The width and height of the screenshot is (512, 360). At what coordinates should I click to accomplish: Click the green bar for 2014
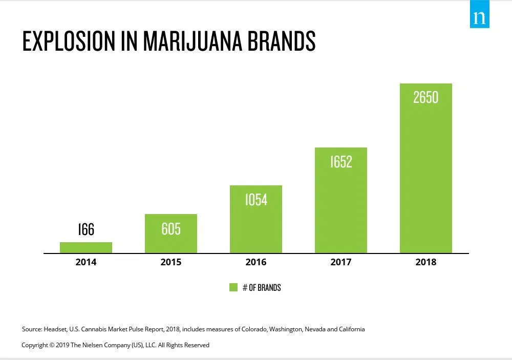86,248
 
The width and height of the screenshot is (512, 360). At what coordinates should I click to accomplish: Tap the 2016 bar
256,225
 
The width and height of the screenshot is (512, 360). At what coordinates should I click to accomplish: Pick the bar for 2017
341,205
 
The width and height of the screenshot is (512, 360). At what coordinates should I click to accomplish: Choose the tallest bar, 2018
426,174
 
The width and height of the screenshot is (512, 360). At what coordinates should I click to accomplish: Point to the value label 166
86,229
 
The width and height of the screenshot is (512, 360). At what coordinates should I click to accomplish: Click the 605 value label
171,228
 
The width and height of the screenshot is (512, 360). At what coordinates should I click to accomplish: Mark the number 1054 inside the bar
256,200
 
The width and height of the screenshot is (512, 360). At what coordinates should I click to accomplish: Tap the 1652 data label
341,162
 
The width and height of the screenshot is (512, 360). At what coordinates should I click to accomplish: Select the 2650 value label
426,97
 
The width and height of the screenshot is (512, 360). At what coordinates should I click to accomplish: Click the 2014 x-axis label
86,262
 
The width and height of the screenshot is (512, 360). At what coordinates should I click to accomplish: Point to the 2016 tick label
256,262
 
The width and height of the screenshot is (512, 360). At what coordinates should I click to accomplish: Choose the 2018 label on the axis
426,262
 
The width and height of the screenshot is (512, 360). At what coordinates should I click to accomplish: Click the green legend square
233,287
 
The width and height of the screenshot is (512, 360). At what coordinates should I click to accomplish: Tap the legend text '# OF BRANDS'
262,288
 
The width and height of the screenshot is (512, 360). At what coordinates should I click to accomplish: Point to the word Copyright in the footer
35,345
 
